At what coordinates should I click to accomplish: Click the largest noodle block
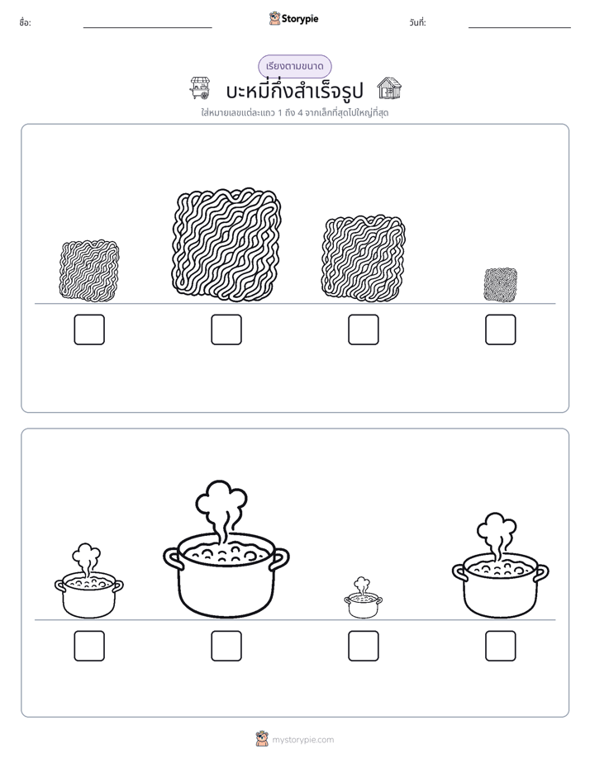click(226, 242)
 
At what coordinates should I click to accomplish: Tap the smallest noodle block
click(501, 285)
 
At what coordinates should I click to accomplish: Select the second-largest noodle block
click(363, 258)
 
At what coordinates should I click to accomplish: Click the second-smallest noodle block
click(89, 269)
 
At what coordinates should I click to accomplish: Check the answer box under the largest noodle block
click(226, 329)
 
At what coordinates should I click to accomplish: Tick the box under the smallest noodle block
click(501, 329)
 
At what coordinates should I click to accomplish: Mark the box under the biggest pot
click(226, 646)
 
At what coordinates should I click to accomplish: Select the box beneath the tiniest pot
click(363, 646)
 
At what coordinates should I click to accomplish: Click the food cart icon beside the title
click(200, 88)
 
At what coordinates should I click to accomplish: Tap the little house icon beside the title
click(389, 88)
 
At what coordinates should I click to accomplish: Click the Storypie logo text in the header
click(300, 19)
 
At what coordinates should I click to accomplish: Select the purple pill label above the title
click(294, 66)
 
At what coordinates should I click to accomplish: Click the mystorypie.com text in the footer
click(302, 740)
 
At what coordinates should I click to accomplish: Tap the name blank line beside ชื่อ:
click(147, 27)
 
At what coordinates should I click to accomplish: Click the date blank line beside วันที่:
click(520, 27)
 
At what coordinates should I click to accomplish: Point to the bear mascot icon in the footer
click(262, 739)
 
